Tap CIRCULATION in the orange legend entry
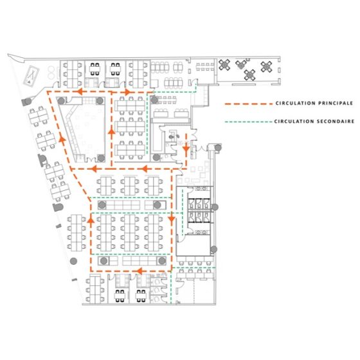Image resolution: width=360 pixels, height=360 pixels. tap(290, 104)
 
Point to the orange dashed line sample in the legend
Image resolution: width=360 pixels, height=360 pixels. tap(249, 104)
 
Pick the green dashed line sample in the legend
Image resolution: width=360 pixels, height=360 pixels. tap(249, 122)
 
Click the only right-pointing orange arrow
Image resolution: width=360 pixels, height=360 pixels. tap(127, 93)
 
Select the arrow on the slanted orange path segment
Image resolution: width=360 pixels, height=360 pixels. tap(62, 138)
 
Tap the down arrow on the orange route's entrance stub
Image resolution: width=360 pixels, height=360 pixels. tap(186, 148)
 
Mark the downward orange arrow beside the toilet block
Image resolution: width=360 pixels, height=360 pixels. tap(172, 219)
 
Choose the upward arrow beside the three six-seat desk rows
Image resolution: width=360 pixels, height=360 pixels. tap(112, 132)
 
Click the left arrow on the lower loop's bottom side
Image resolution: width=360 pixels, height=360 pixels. tap(139, 271)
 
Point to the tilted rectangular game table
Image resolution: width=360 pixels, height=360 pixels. tap(32, 76)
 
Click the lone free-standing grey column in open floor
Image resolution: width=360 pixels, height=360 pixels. tap(73, 261)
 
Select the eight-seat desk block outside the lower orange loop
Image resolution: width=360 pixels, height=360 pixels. tap(76, 233)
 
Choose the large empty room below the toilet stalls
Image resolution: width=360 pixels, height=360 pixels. tap(194, 245)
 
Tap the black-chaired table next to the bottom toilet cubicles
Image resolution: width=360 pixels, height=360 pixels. tap(141, 296)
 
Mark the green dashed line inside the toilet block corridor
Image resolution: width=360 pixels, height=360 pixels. tap(183, 213)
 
